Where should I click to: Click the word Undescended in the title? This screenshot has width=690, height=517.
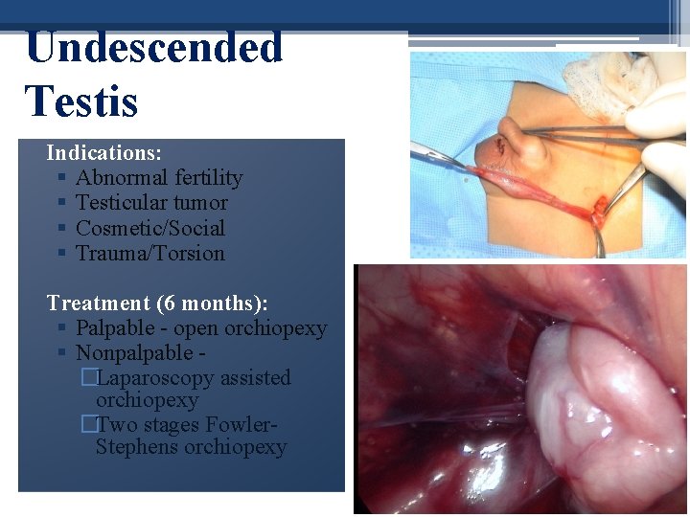pos(154,48)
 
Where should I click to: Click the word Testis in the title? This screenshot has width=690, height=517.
pos(82,101)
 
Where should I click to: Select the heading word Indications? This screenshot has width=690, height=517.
pos(103,152)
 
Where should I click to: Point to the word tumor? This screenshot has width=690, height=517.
pos(198,203)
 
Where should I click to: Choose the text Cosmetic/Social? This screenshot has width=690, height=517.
pos(150,228)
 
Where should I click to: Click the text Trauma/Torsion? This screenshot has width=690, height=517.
pos(150,254)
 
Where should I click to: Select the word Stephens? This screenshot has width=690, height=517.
pos(137,448)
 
